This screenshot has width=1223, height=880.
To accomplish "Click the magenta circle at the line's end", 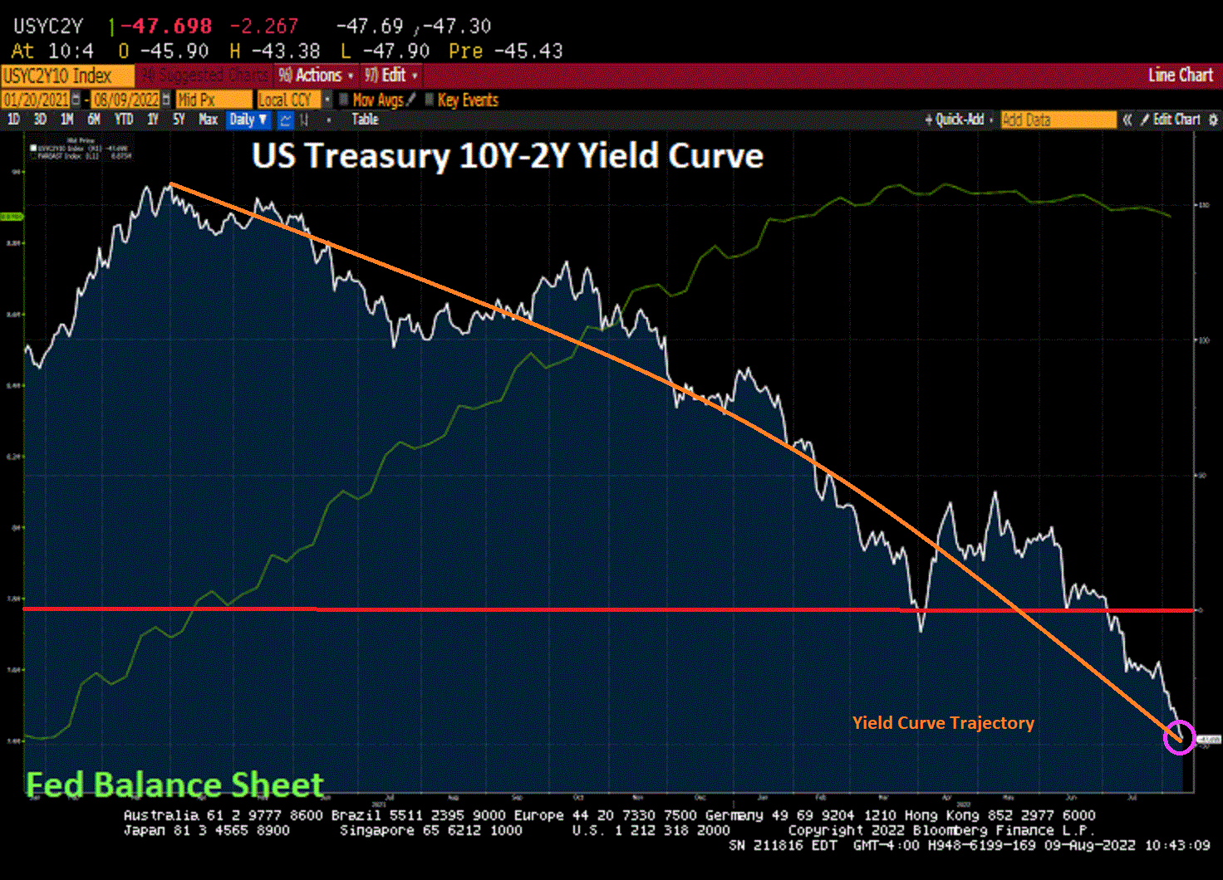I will [x=1179, y=737].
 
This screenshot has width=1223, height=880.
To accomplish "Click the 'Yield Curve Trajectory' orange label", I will [x=943, y=723].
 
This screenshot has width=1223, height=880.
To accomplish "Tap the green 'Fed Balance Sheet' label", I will [x=174, y=785].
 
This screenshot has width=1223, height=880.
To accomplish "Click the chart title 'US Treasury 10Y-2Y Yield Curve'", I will [x=507, y=156].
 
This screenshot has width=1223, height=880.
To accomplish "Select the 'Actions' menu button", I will [x=317, y=76].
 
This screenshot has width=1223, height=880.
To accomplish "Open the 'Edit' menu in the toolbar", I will [x=390, y=76].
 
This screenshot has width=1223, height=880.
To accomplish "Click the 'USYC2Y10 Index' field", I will [x=58, y=76].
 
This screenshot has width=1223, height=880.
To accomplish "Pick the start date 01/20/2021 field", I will [x=36, y=100].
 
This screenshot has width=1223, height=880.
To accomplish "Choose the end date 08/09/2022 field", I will [x=126, y=100].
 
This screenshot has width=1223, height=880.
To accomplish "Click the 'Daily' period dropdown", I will [x=248, y=120].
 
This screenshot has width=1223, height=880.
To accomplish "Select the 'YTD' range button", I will [x=124, y=120].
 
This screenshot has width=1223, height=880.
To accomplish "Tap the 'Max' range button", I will [x=208, y=120].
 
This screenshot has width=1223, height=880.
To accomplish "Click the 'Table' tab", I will [x=365, y=120].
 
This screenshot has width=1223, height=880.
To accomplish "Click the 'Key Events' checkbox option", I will [x=467, y=100].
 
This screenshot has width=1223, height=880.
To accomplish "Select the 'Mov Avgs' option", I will [x=377, y=100].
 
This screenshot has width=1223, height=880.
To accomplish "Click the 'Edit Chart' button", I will [x=1176, y=120].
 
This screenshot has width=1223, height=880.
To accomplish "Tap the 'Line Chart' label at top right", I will [x=1180, y=76].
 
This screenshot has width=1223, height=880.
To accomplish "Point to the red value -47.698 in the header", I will [x=166, y=27].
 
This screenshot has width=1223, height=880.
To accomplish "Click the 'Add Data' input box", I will [x=1058, y=120].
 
